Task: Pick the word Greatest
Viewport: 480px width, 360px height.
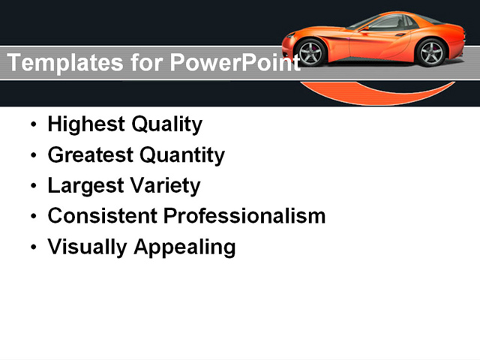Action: click(89, 155)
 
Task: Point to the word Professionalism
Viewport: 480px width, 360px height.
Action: click(245, 216)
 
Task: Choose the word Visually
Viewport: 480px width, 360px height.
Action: click(87, 247)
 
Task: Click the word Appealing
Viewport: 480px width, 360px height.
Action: click(184, 247)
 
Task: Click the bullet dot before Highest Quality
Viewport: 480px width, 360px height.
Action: click(32, 125)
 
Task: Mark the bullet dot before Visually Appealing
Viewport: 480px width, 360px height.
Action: click(32, 247)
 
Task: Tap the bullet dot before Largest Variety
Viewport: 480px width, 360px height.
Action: click(32, 186)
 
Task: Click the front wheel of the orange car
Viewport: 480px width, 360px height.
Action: click(310, 52)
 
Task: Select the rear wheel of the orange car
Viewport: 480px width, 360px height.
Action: click(431, 52)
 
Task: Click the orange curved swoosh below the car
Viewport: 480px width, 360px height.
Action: click(375, 95)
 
